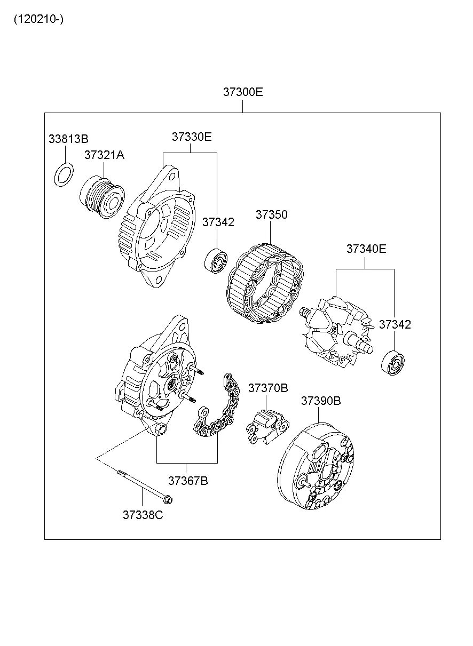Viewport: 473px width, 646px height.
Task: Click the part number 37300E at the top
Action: pyautogui.click(x=243, y=92)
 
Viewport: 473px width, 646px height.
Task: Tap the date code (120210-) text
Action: pyautogui.click(x=38, y=20)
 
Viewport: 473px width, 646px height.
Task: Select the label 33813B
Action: pyautogui.click(x=68, y=139)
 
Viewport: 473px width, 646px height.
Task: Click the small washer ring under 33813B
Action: pyautogui.click(x=65, y=176)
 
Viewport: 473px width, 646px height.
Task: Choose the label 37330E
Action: pyautogui.click(x=191, y=137)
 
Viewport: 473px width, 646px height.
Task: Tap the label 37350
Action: pyautogui.click(x=271, y=214)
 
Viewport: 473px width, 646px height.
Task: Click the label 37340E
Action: pyautogui.click(x=366, y=249)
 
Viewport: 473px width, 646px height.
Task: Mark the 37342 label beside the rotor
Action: pyautogui.click(x=395, y=324)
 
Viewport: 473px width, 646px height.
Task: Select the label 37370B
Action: pyautogui.click(x=267, y=388)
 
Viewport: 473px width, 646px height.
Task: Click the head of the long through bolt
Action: pyautogui.click(x=167, y=500)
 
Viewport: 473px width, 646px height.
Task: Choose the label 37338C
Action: pyautogui.click(x=143, y=515)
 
